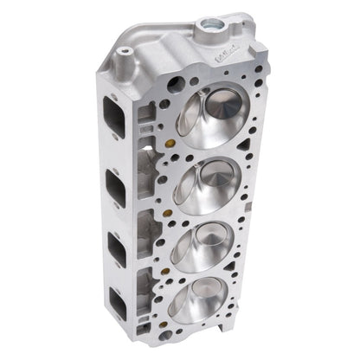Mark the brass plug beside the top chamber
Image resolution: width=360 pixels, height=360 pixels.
click(179, 132)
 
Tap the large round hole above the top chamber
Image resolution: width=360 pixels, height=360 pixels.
click(177, 84)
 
